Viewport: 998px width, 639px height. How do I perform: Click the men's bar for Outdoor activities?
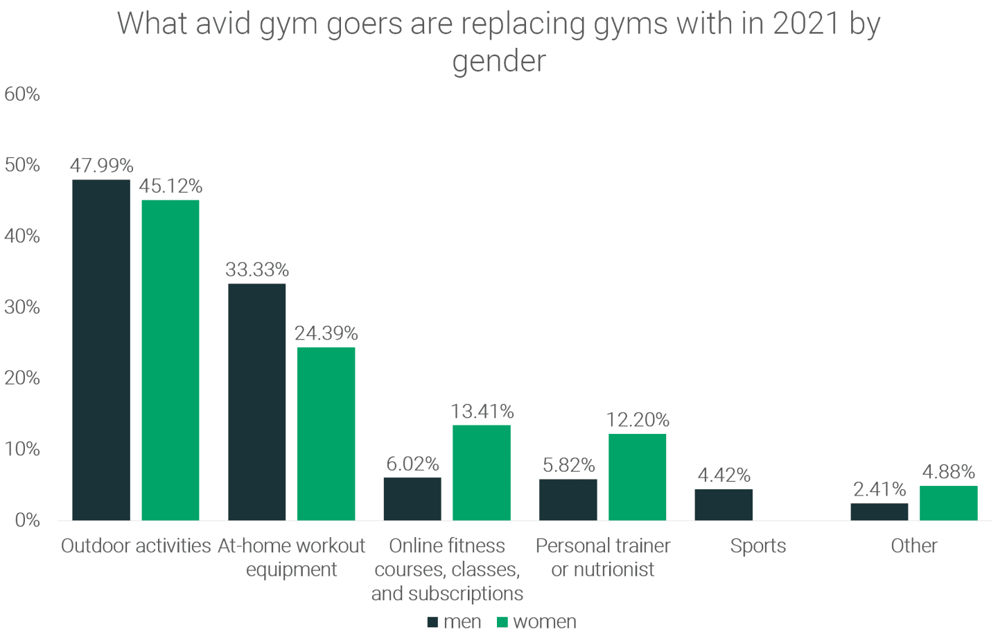[101, 350]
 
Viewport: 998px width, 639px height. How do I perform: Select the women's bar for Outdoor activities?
[170, 360]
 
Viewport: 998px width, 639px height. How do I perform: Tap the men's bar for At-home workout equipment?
[256, 402]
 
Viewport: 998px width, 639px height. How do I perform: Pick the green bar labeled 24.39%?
[326, 434]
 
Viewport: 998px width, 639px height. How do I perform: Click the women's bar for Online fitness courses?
[482, 473]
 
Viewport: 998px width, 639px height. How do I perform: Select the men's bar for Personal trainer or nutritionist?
[568, 500]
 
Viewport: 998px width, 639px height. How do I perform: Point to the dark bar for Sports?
[724, 505]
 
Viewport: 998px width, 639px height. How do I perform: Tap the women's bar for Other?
[948, 503]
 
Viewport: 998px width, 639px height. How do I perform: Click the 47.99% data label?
[101, 166]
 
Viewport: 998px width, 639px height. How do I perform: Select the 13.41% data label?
[482, 412]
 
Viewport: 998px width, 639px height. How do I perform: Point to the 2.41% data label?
[879, 489]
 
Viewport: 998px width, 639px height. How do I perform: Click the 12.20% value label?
[638, 420]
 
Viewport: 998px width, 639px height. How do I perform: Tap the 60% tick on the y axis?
[22, 94]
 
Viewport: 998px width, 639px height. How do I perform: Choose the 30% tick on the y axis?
[22, 307]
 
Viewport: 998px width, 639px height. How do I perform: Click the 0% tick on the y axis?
[27, 520]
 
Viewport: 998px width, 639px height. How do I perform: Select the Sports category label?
[758, 546]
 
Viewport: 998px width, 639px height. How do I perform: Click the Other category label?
[913, 546]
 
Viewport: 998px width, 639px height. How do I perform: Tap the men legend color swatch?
[433, 622]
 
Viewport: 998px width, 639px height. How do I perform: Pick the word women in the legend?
[544, 622]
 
